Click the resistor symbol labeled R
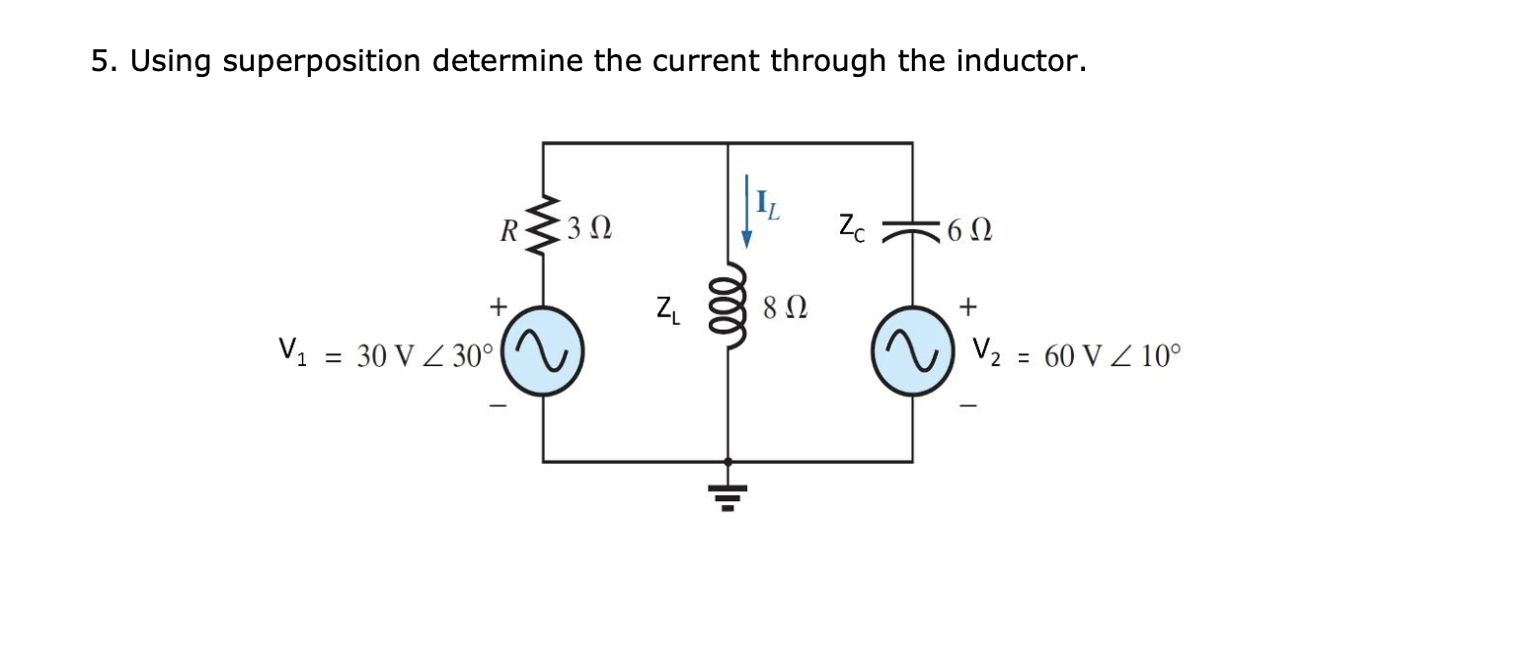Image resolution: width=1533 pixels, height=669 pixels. pos(542,229)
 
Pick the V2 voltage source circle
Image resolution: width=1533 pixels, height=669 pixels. pos(911,354)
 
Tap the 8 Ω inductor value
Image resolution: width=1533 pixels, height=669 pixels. pos(785,308)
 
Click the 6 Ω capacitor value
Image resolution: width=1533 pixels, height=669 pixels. pos(968,232)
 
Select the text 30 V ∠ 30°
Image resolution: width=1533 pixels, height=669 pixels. pos(423,356)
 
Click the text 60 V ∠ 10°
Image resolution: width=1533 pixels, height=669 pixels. pos(1111,355)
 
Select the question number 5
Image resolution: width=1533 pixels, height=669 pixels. pos(102,62)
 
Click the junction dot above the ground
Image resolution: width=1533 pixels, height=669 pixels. pos(728,461)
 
